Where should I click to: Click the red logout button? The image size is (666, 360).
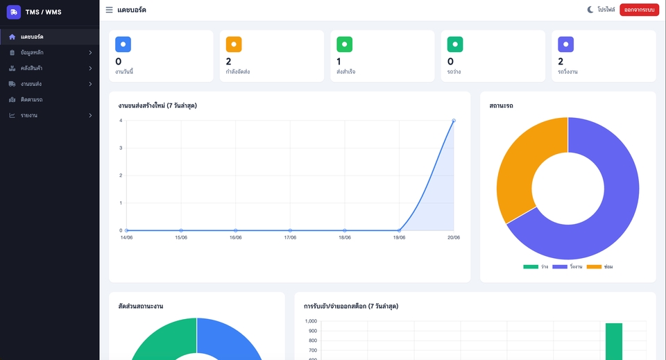pos(639,10)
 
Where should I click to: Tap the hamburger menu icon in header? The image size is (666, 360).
pos(109,10)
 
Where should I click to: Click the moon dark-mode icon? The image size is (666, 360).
pos(590,9)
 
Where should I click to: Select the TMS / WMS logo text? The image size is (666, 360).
pos(43,12)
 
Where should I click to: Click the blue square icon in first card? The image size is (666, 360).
pos(123,44)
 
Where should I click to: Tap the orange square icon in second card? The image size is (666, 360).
pos(234,44)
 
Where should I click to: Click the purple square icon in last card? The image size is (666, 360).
pos(566,44)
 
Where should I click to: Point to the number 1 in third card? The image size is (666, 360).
pos(339,62)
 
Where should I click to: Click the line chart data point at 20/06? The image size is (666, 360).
pos(454,121)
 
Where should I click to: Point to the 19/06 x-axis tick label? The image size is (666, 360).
pos(400,238)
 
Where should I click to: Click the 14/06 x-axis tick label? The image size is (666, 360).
pos(126,238)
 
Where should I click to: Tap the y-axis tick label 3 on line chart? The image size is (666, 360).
pos(121,148)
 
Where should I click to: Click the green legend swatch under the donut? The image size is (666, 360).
pos(531,266)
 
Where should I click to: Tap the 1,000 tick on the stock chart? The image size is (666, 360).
pos(311,321)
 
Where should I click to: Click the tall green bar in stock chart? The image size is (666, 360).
pos(614,341)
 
